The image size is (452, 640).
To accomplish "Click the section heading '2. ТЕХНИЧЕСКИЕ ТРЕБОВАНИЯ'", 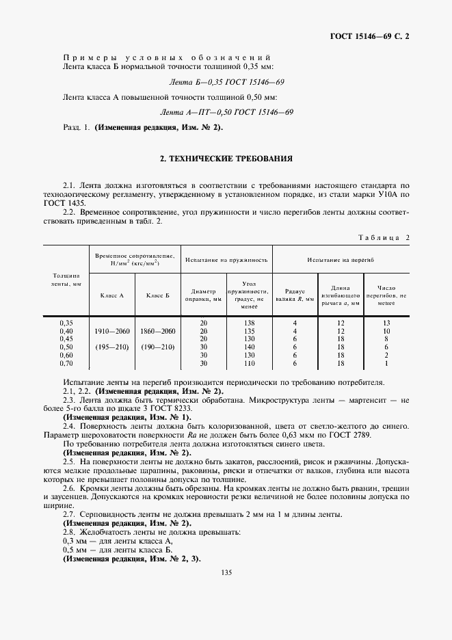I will click(x=226, y=159).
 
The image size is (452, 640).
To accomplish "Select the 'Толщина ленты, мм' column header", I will click(x=66, y=278).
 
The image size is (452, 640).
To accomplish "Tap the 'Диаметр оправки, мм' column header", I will click(x=203, y=295).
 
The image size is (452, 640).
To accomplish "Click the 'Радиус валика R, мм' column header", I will click(x=295, y=295).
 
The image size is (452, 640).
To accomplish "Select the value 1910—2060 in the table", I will click(x=112, y=331).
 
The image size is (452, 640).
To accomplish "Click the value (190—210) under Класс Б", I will click(x=158, y=347).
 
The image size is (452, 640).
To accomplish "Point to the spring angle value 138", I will click(x=249, y=323).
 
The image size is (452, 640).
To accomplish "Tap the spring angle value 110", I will click(x=249, y=364).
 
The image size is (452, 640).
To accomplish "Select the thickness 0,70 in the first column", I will click(x=66, y=364).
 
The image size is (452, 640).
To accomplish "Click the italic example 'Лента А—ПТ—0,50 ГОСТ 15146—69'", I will click(x=226, y=111).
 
